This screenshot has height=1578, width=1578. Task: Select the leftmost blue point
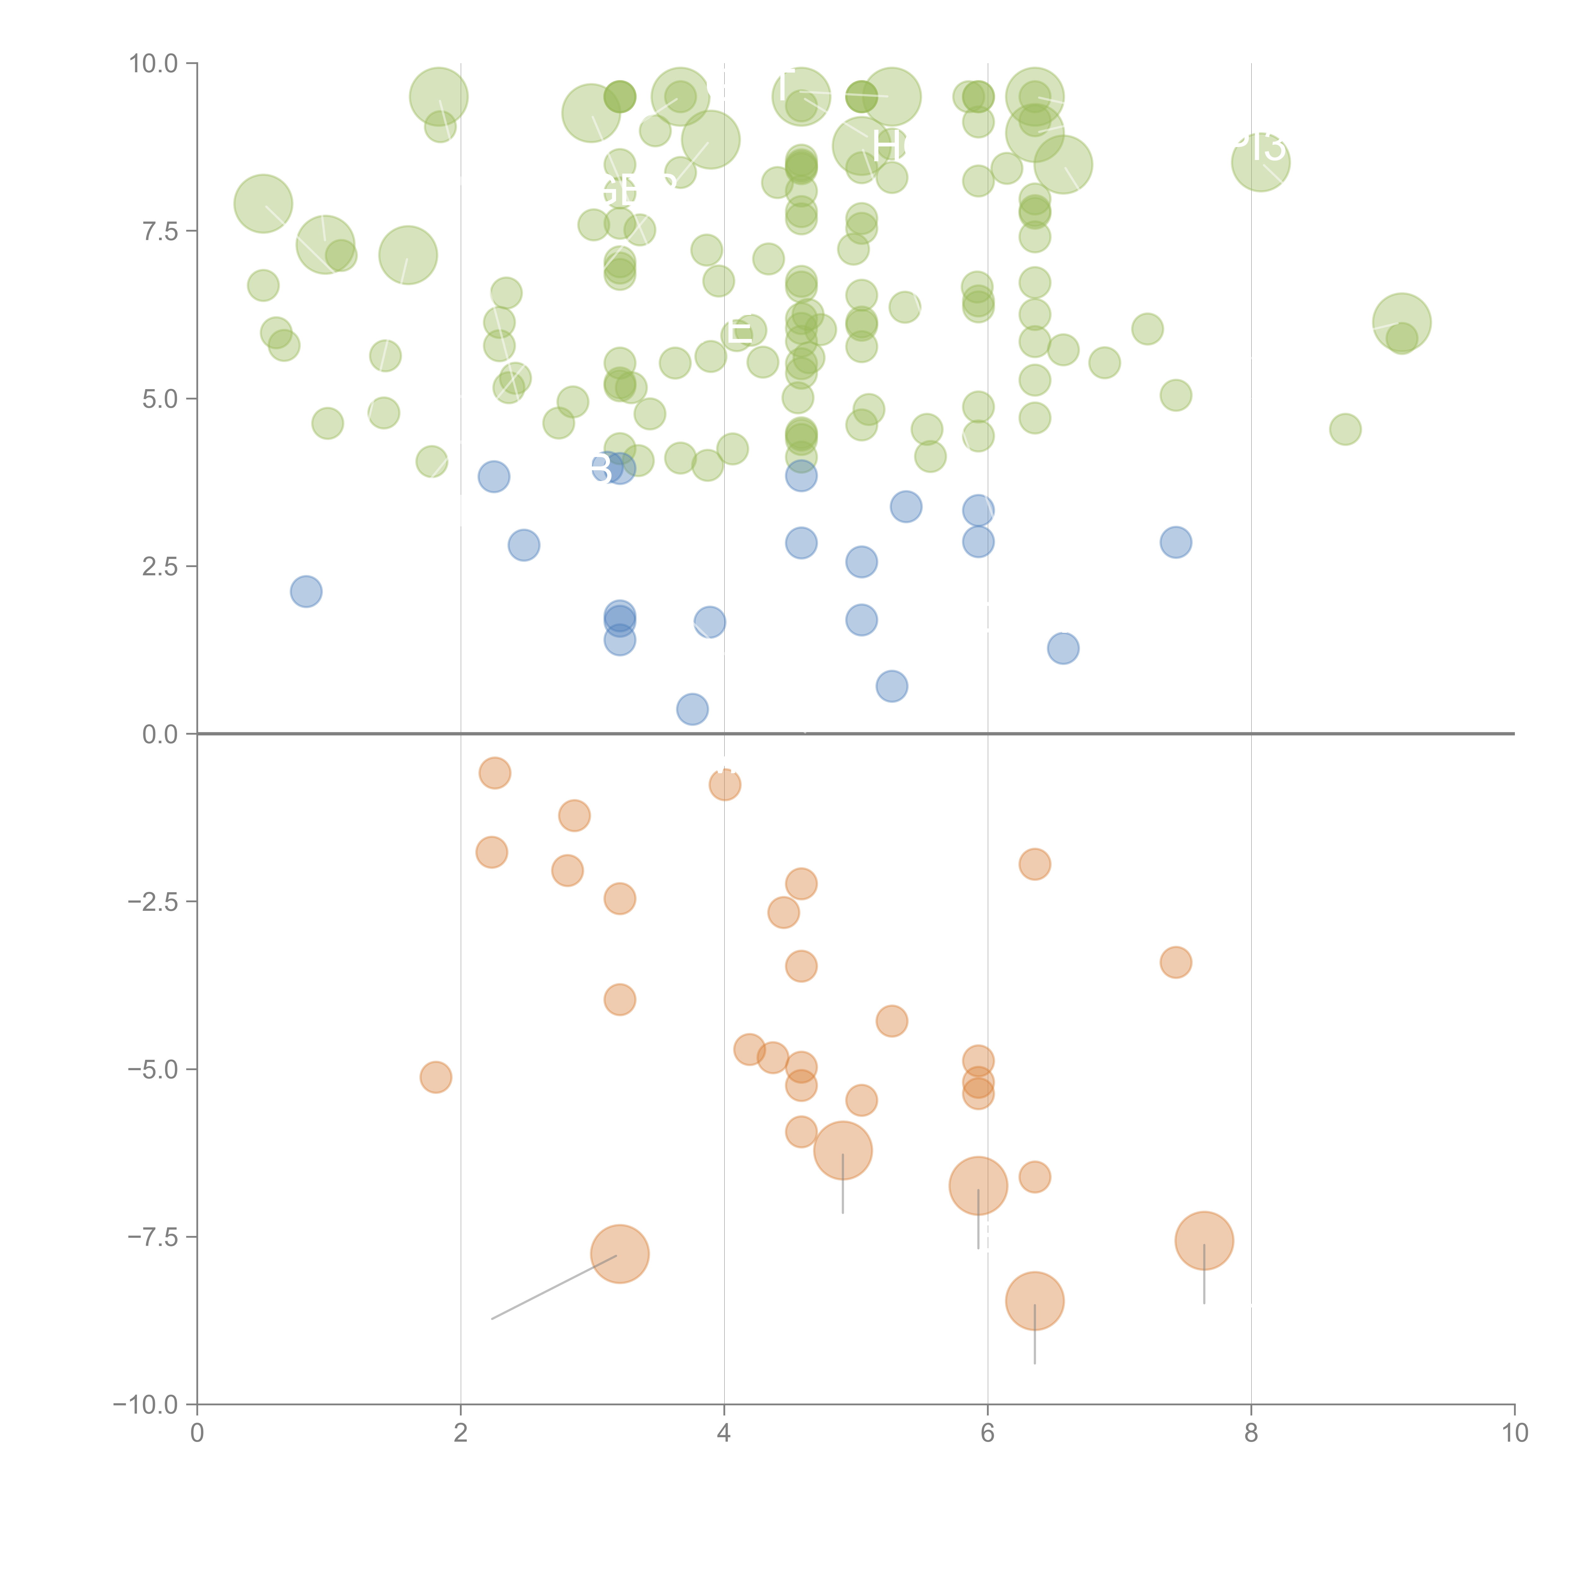click(x=306, y=591)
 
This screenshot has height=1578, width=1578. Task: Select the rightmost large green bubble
click(x=1402, y=322)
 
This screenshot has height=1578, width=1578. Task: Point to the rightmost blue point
click(x=1175, y=542)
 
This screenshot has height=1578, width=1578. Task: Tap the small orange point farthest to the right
click(x=1175, y=962)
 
